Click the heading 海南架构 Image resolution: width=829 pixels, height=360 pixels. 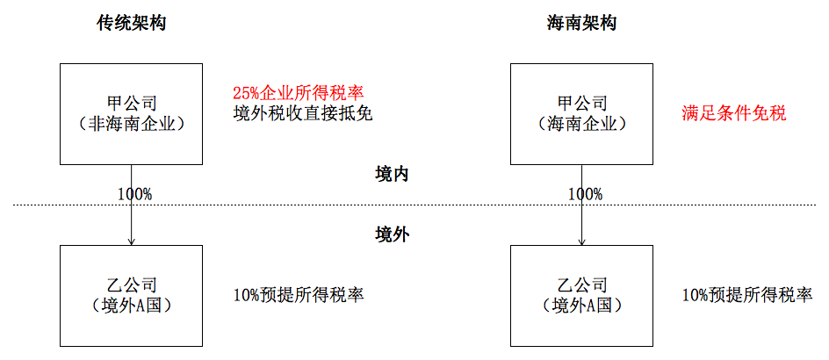pyautogui.click(x=581, y=23)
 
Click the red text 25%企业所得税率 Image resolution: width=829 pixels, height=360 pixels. pyautogui.click(x=299, y=94)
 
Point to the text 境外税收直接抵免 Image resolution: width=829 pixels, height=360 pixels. pyautogui.click(x=303, y=114)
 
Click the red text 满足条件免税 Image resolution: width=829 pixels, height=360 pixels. pyautogui.click(x=734, y=113)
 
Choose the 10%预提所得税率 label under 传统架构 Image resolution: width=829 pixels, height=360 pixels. pyautogui.click(x=299, y=295)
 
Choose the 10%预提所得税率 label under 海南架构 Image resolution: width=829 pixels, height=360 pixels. pyautogui.click(x=747, y=295)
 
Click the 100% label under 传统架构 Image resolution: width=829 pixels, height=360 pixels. pyautogui.click(x=135, y=193)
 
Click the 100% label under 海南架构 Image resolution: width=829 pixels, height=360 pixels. pyautogui.click(x=585, y=193)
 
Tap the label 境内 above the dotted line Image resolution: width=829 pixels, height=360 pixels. pyautogui.click(x=392, y=175)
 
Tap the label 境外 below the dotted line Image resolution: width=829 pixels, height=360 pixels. pyautogui.click(x=392, y=234)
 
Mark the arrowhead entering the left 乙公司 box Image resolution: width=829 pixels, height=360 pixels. pyautogui.click(x=131, y=241)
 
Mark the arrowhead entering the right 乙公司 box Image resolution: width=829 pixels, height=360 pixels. pyautogui.click(x=581, y=241)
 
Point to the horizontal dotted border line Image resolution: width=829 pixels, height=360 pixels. pyautogui.click(x=414, y=205)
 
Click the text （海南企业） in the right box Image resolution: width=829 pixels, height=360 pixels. pyautogui.click(x=581, y=124)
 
